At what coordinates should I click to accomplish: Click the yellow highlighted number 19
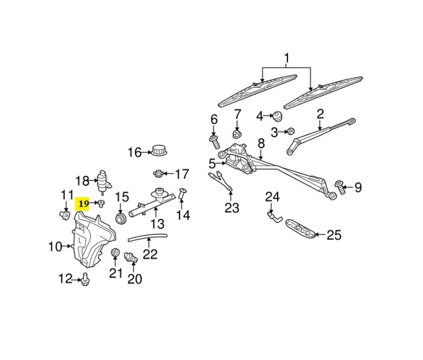[x=84, y=204]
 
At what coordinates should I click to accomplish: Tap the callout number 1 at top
[x=286, y=58]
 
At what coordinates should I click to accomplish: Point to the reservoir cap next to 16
[x=160, y=150]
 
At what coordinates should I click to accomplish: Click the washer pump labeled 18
[x=102, y=180]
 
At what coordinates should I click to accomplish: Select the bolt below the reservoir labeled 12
[x=86, y=280]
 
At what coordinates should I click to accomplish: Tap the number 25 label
[x=334, y=235]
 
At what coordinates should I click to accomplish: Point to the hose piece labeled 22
[x=148, y=237]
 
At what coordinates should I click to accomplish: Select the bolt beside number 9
[x=339, y=189]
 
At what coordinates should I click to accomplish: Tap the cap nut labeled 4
[x=278, y=116]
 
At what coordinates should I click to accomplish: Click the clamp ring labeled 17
[x=158, y=174]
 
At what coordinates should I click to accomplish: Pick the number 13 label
[x=158, y=224]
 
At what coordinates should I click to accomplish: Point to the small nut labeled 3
[x=289, y=132]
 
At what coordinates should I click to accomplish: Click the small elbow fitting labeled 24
[x=273, y=215]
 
